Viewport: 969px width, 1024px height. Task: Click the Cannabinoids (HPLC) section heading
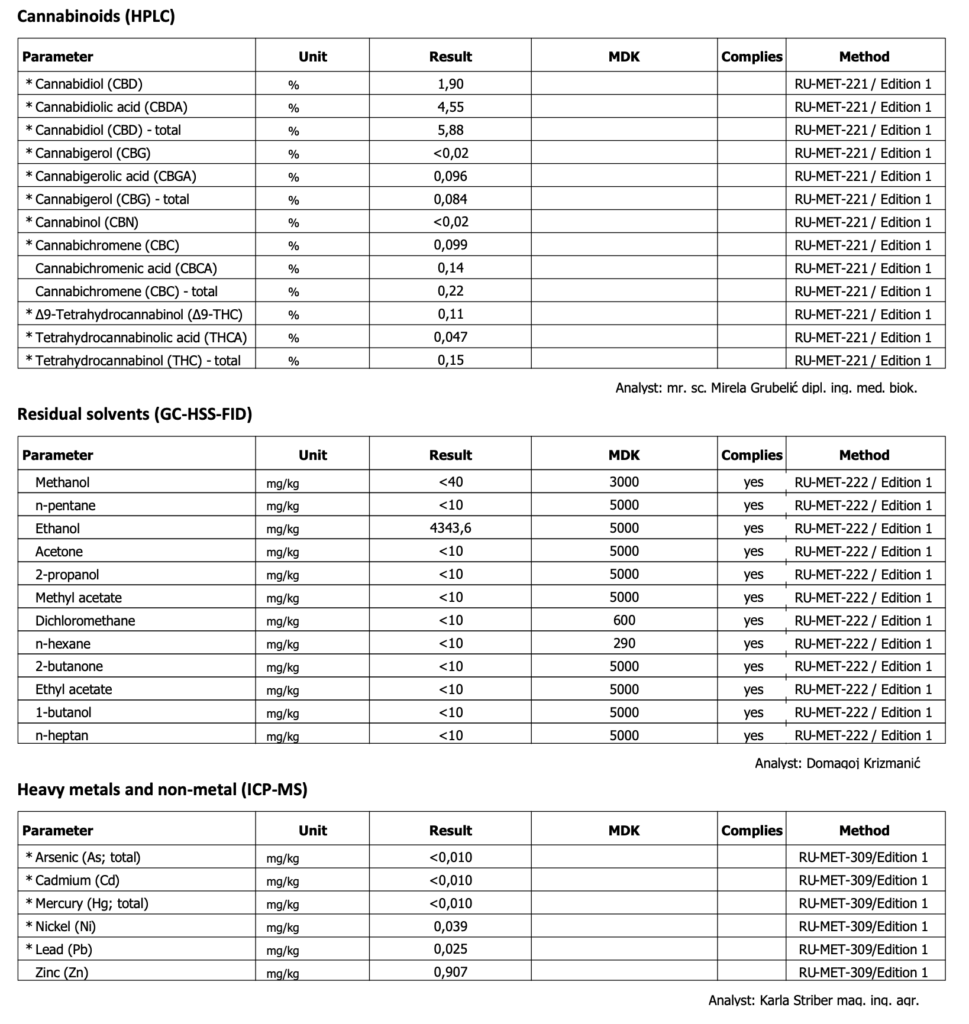(x=96, y=16)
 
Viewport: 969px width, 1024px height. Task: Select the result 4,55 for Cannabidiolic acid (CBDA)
(x=450, y=107)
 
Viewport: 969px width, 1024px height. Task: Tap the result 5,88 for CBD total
(x=450, y=130)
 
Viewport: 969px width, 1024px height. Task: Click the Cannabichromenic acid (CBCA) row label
(x=126, y=268)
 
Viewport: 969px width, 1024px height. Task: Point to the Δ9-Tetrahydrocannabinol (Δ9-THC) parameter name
(x=138, y=315)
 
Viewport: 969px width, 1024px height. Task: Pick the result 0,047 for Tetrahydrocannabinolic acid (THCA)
(x=450, y=338)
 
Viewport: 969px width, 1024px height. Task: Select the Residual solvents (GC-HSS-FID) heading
(x=135, y=414)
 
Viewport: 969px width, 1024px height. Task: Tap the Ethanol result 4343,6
(x=450, y=529)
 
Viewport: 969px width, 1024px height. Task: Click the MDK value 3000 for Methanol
(x=624, y=482)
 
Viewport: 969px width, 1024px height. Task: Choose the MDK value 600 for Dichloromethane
(x=624, y=621)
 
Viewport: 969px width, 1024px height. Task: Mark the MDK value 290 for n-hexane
(x=624, y=644)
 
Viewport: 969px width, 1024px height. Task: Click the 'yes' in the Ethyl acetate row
(x=753, y=690)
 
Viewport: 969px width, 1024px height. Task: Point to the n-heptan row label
(x=62, y=736)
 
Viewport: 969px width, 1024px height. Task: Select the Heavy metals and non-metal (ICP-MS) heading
(x=162, y=790)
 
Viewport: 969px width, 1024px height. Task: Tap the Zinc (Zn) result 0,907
(x=450, y=973)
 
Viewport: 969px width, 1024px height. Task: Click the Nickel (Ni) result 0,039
(x=450, y=926)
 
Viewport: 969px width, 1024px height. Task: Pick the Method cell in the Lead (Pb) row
(x=863, y=950)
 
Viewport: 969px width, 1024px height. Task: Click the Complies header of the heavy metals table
(x=752, y=831)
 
